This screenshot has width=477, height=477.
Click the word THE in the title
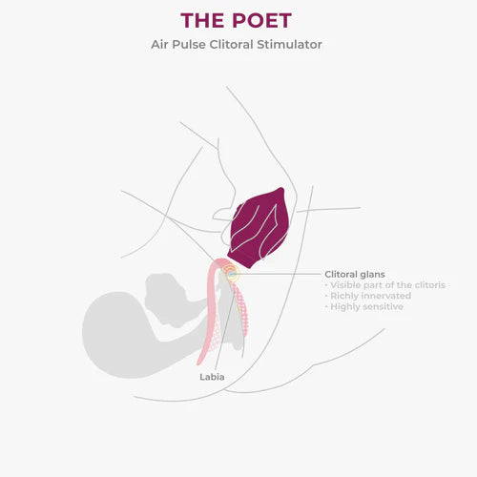coord(202,21)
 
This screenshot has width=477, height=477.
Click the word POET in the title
coord(261,21)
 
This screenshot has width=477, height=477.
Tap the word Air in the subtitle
coord(159,44)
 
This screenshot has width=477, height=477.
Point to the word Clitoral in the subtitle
coord(231,44)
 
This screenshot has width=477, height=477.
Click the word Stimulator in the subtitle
coord(289,44)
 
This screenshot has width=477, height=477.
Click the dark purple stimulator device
coord(259,227)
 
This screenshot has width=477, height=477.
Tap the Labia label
coord(212,377)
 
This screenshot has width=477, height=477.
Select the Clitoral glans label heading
coord(355,274)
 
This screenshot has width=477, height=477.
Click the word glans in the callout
coord(372,275)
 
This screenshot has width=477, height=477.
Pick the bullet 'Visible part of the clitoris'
coord(385,285)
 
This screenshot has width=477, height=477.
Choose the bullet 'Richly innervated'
coord(368,296)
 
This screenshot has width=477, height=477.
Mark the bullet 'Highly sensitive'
coord(364,306)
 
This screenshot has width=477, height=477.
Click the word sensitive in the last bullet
coord(383,306)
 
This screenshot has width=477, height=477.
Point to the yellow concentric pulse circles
coord(231,273)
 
